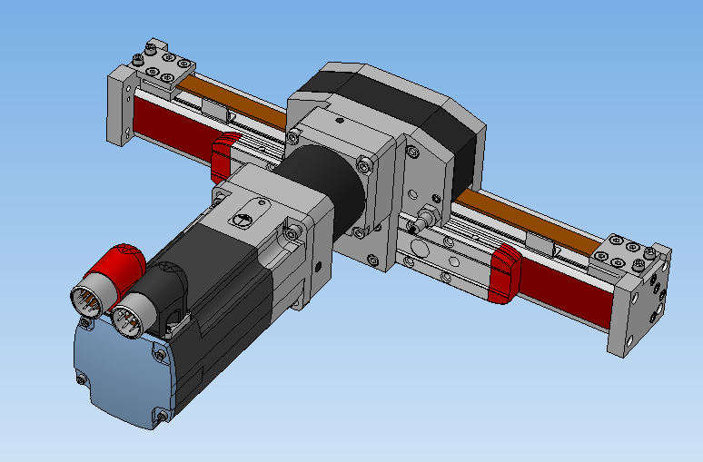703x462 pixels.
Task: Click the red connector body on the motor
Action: coord(118,263)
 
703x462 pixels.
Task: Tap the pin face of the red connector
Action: coord(90,299)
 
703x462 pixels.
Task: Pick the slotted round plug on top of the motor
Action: coord(243,220)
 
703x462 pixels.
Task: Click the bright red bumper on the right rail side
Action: coord(505,272)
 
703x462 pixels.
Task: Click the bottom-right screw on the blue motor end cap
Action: coord(162,416)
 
